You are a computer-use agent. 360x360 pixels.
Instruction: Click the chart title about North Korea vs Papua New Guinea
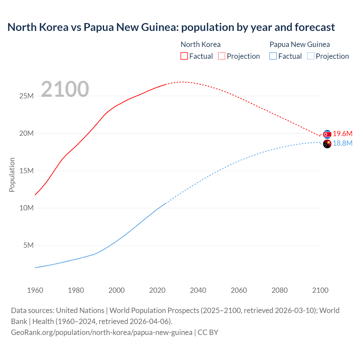click(x=171, y=27)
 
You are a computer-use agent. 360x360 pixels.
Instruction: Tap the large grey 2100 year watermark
click(x=65, y=89)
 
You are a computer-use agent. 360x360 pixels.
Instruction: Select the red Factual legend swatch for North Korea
click(x=184, y=56)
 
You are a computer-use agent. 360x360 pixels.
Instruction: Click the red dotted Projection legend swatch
click(x=222, y=56)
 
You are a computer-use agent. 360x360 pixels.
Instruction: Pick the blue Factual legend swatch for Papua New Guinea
click(x=273, y=56)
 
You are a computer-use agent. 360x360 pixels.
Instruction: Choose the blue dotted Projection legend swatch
click(x=310, y=56)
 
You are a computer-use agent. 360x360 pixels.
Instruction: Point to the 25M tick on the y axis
click(x=26, y=96)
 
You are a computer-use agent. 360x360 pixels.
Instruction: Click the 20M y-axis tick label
click(x=26, y=133)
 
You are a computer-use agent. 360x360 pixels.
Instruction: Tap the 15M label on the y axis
click(x=26, y=171)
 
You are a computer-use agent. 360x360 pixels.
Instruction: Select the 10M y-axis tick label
click(x=26, y=208)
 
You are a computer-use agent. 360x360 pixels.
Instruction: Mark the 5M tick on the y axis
click(x=28, y=246)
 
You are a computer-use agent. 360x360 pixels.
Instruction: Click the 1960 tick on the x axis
click(x=35, y=290)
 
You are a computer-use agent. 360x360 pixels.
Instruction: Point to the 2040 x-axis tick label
click(x=198, y=290)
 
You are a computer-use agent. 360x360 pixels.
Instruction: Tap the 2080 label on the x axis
click(x=280, y=290)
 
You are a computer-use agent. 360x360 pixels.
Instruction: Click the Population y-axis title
click(x=12, y=175)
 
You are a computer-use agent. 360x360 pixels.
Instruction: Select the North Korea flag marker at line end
click(x=327, y=134)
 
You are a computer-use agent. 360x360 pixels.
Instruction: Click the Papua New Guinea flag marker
click(x=327, y=144)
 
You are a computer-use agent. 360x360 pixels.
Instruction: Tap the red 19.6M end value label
click(x=343, y=134)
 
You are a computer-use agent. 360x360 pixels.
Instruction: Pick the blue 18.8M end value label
click(x=343, y=143)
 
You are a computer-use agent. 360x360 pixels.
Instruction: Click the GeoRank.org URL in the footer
click(x=102, y=332)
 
